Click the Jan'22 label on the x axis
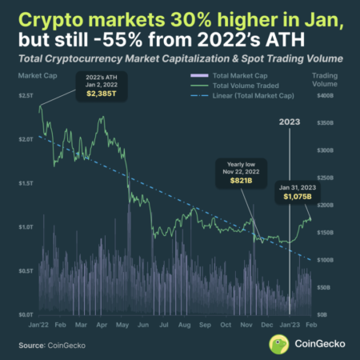click(x=39, y=326)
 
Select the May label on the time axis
click(x=122, y=326)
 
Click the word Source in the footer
click(x=28, y=345)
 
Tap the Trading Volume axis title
click(x=324, y=78)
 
